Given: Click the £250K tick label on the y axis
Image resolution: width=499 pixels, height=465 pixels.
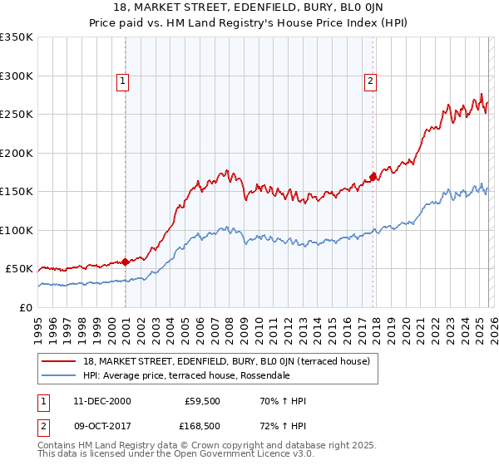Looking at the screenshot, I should tap(17, 115).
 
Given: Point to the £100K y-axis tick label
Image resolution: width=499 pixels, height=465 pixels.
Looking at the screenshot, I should tap(17, 230).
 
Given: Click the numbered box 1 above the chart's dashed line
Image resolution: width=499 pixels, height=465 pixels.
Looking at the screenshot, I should tap(123, 81).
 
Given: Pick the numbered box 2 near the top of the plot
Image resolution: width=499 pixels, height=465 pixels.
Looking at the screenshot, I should tap(369, 81).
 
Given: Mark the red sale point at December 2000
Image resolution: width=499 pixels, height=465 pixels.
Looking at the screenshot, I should tap(125, 262).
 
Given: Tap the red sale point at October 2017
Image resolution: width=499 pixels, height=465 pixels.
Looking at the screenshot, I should tap(373, 177).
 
